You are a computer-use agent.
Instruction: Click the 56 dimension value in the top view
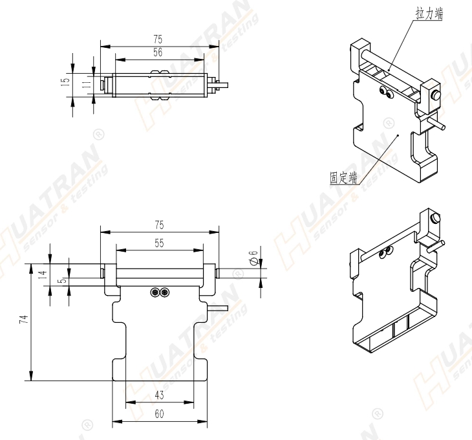[x=158, y=52]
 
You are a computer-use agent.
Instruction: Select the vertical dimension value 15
[x=65, y=82]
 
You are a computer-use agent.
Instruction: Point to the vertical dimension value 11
[x=87, y=84]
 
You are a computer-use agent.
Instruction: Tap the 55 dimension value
[x=159, y=243]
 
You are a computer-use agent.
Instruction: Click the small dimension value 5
[x=63, y=280]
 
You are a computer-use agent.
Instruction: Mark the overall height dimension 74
[x=24, y=319]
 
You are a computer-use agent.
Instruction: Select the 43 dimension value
[x=159, y=395]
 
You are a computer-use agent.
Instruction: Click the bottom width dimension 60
[x=159, y=414]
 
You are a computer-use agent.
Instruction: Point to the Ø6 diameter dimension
[x=254, y=258]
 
